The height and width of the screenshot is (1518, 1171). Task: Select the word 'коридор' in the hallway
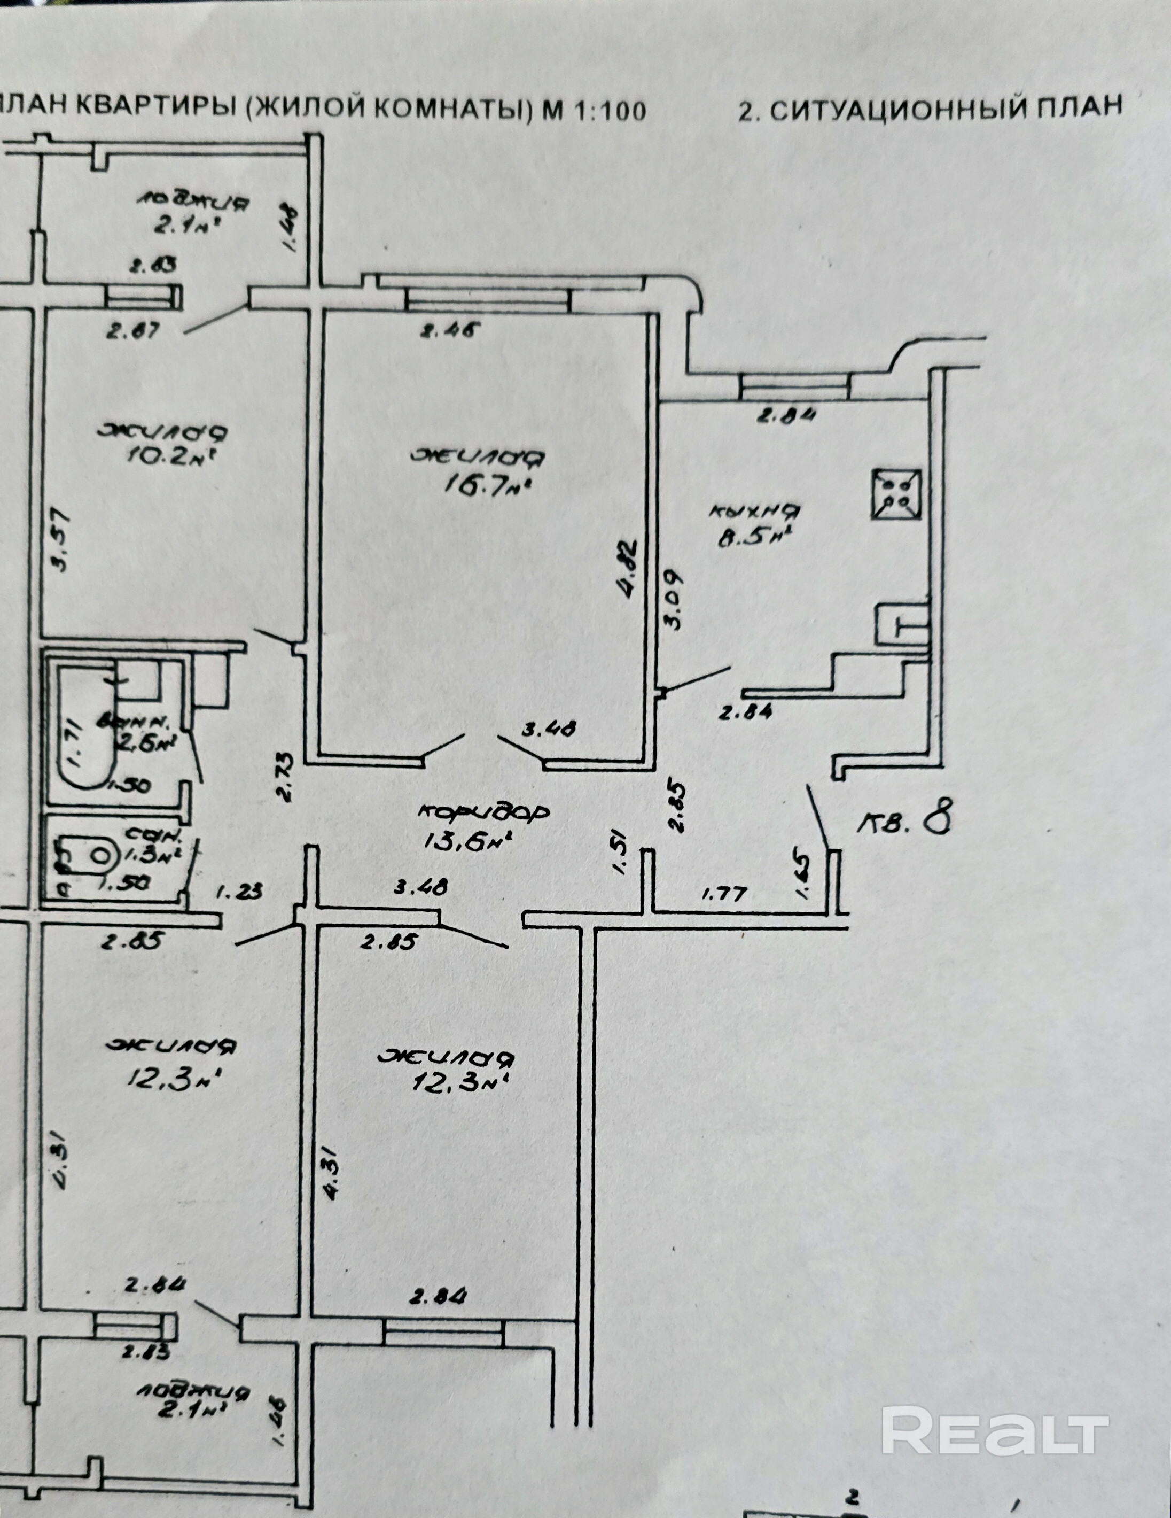(486, 811)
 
